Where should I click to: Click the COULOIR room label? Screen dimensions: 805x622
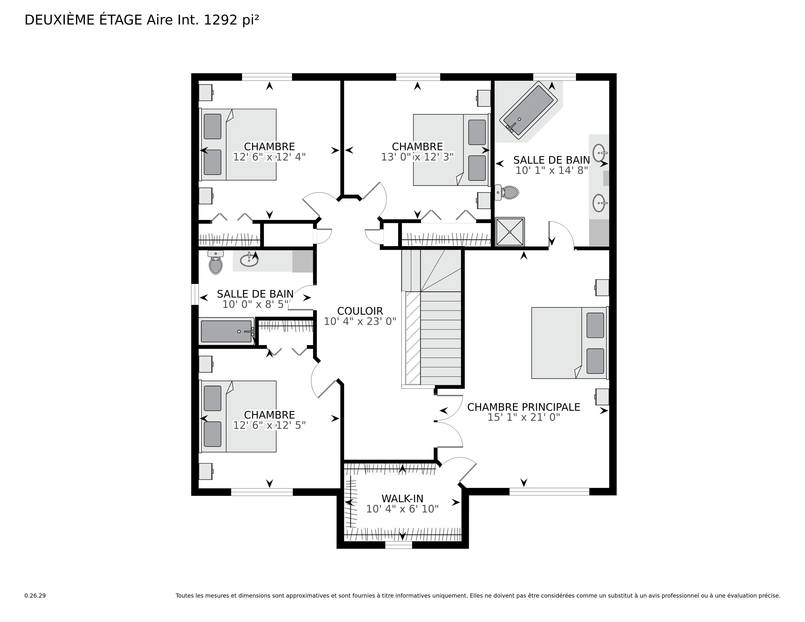click(x=360, y=311)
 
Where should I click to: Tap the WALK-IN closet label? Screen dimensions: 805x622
click(x=402, y=499)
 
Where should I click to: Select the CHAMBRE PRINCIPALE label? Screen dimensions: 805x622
click(x=524, y=407)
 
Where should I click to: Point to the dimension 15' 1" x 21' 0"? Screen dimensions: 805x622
click(x=524, y=417)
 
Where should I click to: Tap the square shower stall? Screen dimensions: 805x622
click(x=510, y=232)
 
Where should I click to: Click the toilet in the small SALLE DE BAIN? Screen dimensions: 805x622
click(x=216, y=262)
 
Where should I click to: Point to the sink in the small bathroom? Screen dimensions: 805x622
click(x=249, y=260)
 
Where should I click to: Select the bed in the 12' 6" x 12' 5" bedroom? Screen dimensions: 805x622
click(x=238, y=416)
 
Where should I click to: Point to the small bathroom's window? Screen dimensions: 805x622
click(x=195, y=294)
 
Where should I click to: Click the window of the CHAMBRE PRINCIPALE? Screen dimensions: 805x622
click(x=549, y=492)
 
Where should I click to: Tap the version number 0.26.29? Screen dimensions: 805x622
click(x=35, y=595)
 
